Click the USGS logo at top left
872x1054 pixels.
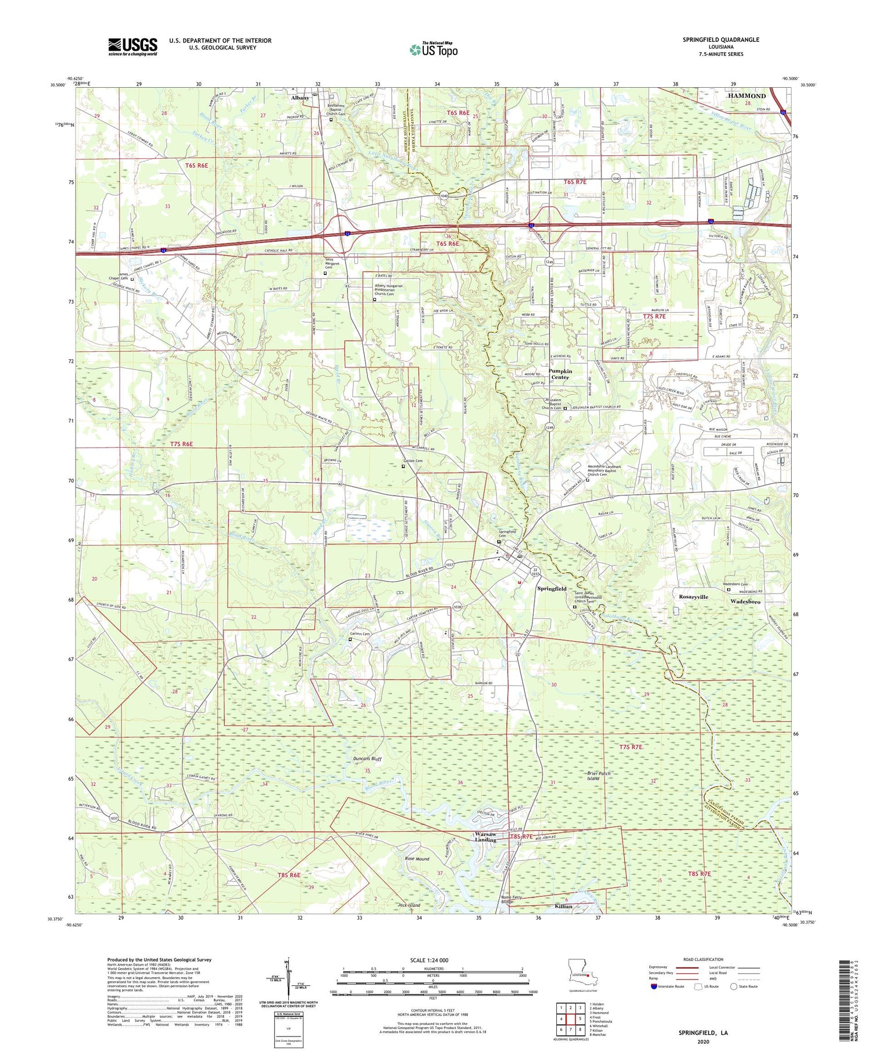coord(133,47)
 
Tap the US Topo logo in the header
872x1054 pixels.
coord(433,50)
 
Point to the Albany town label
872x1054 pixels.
coord(300,98)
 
